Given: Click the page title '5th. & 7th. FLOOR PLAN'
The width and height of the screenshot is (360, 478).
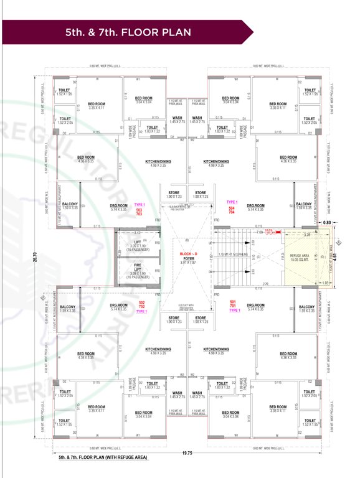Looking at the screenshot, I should coord(128,32).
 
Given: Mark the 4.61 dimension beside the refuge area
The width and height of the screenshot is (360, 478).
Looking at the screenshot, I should coord(341,255).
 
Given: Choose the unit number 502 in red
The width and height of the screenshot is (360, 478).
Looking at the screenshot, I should coord(142,303).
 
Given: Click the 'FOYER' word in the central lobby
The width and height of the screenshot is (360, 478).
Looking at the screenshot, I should coord(187,258).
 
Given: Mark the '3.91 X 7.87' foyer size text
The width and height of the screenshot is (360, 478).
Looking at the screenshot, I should coord(187,263).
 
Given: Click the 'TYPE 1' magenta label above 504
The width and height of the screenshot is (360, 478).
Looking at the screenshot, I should coord(232,202).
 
